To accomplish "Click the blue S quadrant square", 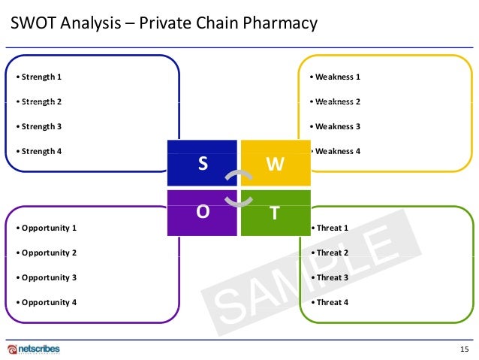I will tap(201, 162).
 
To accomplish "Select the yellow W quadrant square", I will tap(275, 162).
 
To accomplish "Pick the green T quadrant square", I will tap(275, 213).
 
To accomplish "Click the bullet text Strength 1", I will tap(39, 77).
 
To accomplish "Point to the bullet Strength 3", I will tap(39, 126).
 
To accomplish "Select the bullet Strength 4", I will tap(39, 151).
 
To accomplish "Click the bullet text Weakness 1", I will tap(338, 77).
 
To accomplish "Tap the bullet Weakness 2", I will tap(338, 101).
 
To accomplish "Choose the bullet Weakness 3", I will tap(338, 126).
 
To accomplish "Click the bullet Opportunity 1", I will tap(47, 227).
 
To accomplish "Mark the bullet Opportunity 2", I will tap(47, 253).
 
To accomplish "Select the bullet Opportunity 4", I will tap(47, 302).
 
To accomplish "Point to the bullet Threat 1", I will tap(332, 227).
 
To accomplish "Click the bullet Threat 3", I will tap(332, 277).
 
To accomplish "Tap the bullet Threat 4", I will tap(332, 302).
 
